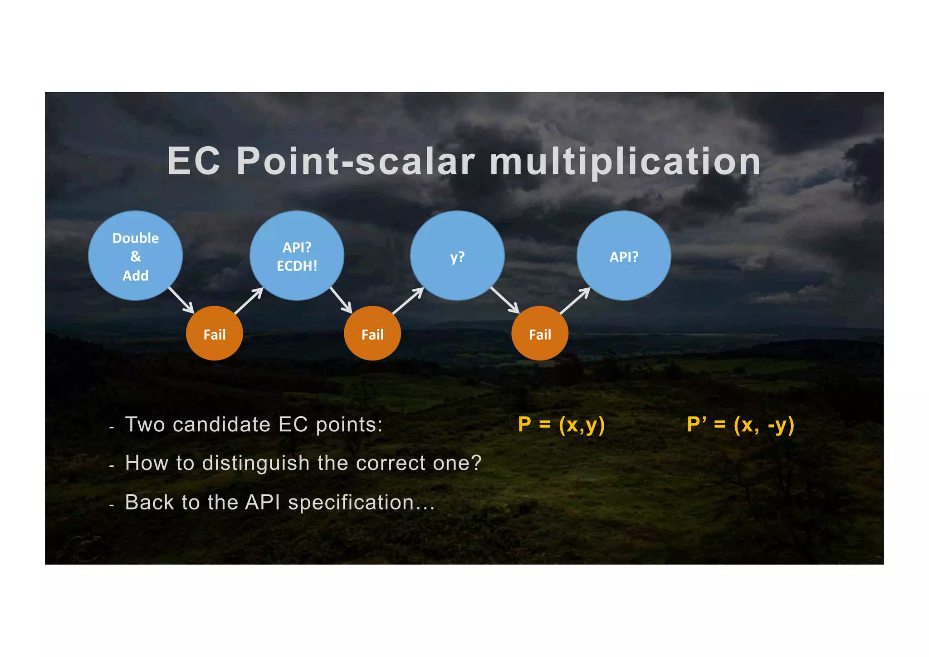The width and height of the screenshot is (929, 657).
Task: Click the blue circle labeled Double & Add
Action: (x=135, y=256)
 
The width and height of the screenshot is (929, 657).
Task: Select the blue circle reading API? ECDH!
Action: (x=297, y=256)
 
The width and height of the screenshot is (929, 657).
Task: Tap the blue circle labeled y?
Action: (x=457, y=256)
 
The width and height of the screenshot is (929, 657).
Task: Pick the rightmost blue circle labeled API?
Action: (x=624, y=256)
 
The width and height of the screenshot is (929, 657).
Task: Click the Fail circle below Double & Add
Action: (x=214, y=334)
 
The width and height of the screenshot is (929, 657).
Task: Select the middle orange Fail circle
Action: (x=372, y=334)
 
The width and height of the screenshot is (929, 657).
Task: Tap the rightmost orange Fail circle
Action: (x=540, y=334)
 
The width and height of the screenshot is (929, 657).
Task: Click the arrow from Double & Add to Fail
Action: (x=181, y=300)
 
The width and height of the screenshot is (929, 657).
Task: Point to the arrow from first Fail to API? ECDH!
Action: (x=249, y=301)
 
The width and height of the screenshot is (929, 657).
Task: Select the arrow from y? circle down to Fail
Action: (x=504, y=300)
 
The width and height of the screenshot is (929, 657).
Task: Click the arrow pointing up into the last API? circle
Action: (x=575, y=301)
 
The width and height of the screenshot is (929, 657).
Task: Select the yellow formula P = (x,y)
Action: (x=561, y=425)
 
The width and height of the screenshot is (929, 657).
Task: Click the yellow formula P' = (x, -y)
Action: (x=740, y=425)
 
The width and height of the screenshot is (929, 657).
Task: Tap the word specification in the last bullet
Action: (x=351, y=503)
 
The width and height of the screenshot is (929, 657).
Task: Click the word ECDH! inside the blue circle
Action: (x=297, y=266)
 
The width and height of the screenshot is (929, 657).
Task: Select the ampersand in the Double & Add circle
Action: (x=135, y=257)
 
